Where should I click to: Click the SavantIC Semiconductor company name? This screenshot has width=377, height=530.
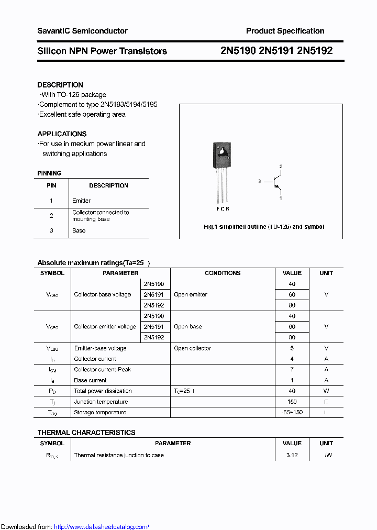(82, 31)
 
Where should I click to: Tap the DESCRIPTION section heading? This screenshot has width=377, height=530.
(60, 85)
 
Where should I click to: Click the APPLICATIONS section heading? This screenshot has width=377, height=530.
(62, 134)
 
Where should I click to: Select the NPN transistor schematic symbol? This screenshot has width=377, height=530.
(276, 182)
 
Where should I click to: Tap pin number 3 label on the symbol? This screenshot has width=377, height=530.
(259, 181)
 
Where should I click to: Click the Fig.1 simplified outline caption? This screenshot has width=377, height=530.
(263, 227)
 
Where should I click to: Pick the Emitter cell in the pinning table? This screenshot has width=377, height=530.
(82, 201)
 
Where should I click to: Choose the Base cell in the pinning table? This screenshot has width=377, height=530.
(79, 230)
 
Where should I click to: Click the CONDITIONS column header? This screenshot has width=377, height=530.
(223, 273)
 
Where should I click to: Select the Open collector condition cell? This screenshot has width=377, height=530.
(192, 348)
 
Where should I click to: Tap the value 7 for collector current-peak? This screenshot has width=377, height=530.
(292, 370)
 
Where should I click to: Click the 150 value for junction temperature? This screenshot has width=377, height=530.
(292, 402)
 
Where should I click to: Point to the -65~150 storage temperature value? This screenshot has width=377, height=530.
(292, 413)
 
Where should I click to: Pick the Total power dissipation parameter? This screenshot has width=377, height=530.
(103, 391)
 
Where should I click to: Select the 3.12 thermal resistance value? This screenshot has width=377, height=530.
(292, 455)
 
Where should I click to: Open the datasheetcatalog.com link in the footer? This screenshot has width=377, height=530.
(102, 527)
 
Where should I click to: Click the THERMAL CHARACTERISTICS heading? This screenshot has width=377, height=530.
(86, 433)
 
